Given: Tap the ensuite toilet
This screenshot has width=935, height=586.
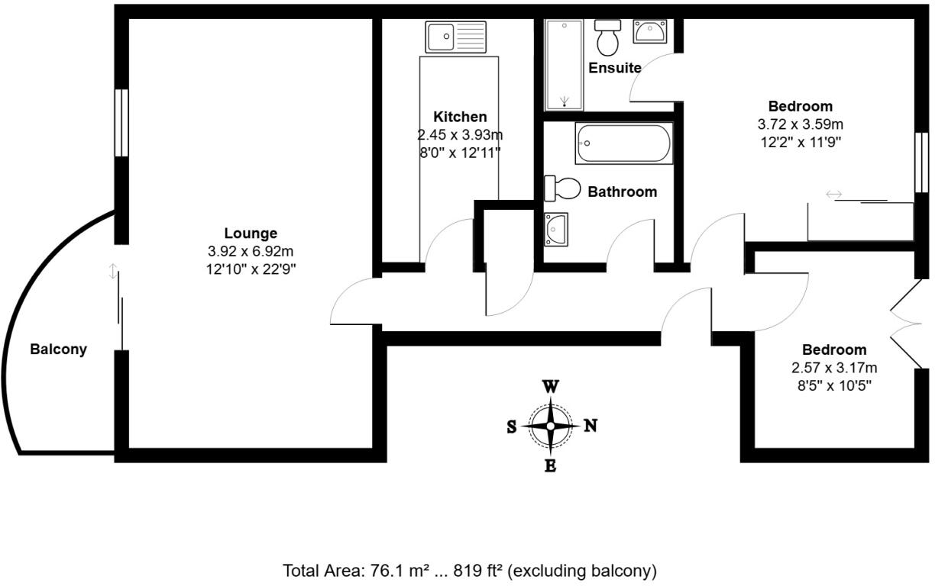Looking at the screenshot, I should pyautogui.click(x=608, y=38).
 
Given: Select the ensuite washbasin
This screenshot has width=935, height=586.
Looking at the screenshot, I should pyautogui.click(x=650, y=33).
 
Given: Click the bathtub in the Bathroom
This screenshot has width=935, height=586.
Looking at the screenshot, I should pyautogui.click(x=624, y=143).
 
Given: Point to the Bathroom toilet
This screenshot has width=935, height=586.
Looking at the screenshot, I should pyautogui.click(x=561, y=188).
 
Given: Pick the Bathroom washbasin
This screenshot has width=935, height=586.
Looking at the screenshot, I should pyautogui.click(x=555, y=229).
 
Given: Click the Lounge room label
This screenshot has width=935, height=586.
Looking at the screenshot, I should pyautogui.click(x=251, y=233).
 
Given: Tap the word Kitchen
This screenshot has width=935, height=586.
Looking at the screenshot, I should pyautogui.click(x=460, y=117).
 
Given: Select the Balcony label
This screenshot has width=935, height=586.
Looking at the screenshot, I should pyautogui.click(x=58, y=349).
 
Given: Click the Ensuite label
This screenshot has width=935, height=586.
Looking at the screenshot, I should pyautogui.click(x=614, y=68).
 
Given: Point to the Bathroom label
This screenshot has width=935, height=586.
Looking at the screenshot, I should pyautogui.click(x=622, y=192).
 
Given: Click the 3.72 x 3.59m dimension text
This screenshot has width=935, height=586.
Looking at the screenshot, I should pyautogui.click(x=801, y=124).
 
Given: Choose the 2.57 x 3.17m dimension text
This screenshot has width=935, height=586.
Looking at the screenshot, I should pyautogui.click(x=834, y=368).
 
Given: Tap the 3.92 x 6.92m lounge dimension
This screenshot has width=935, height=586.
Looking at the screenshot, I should pyautogui.click(x=251, y=251).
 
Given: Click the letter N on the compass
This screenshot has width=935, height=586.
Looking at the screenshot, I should pyautogui.click(x=590, y=427).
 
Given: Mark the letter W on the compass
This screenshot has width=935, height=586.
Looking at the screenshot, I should pyautogui.click(x=550, y=386).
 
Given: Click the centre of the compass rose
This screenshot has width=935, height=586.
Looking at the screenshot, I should pyautogui.click(x=550, y=427).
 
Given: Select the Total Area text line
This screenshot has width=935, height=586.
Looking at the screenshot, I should pyautogui.click(x=470, y=570).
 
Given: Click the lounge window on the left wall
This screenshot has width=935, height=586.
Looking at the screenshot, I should pyautogui.click(x=121, y=124).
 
